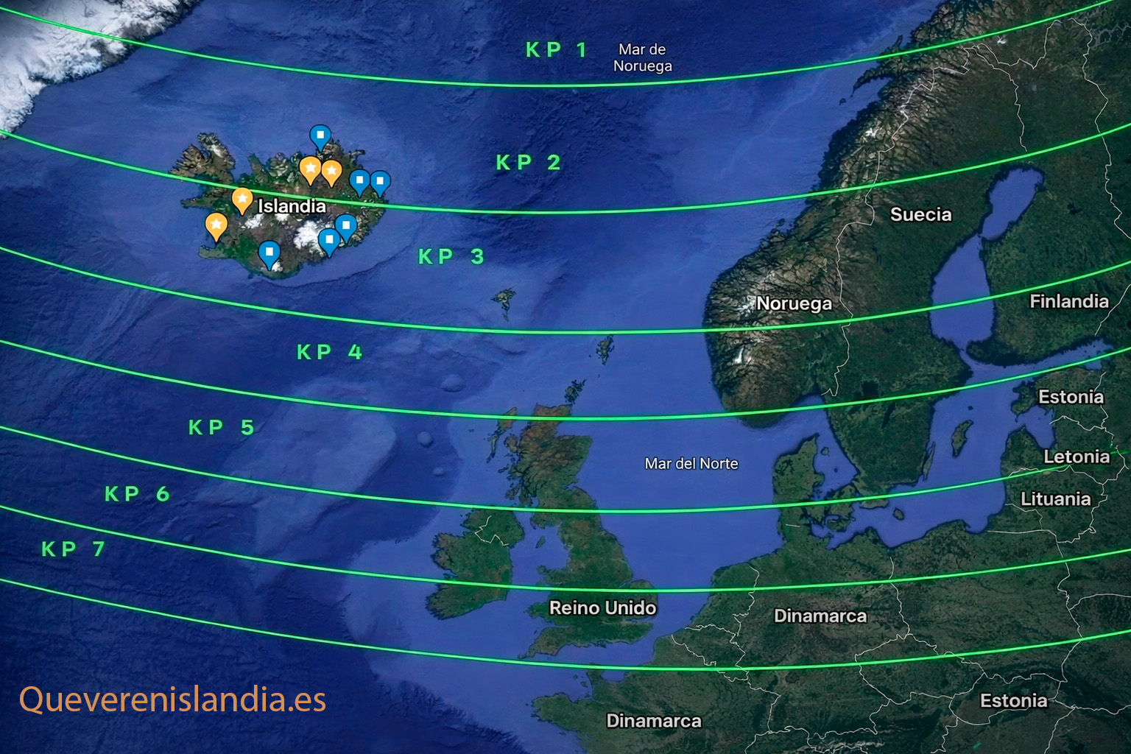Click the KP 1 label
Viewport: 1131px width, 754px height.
tap(557, 50)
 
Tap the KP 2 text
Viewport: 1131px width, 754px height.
tap(528, 163)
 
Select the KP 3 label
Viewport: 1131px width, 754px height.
tap(451, 257)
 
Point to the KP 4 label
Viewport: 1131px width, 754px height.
tap(329, 353)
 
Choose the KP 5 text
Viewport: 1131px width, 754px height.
tap(221, 428)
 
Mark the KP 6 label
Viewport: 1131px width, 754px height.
tap(137, 494)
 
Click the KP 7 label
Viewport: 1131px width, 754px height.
tap(73, 549)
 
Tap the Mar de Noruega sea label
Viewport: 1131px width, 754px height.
tap(642, 57)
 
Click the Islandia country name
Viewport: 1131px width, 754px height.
tap(292, 206)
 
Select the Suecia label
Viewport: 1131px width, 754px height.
tap(920, 215)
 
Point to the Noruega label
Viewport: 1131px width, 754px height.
tap(794, 303)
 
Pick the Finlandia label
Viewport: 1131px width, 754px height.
tap(1068, 301)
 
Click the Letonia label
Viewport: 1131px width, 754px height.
tap(1076, 457)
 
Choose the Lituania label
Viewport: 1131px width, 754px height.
tap(1055, 499)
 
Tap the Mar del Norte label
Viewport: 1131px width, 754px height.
tap(691, 464)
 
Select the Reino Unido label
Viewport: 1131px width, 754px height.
tap(602, 608)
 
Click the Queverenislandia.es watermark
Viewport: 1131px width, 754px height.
tap(172, 700)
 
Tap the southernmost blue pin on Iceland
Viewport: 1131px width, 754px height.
tap(269, 254)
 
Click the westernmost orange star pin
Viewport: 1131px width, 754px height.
tap(216, 225)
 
